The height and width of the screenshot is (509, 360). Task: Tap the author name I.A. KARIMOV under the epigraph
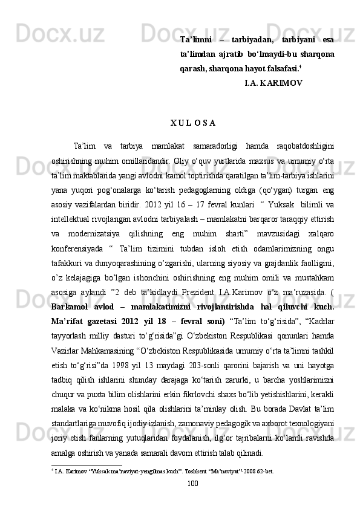click(x=273, y=82)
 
